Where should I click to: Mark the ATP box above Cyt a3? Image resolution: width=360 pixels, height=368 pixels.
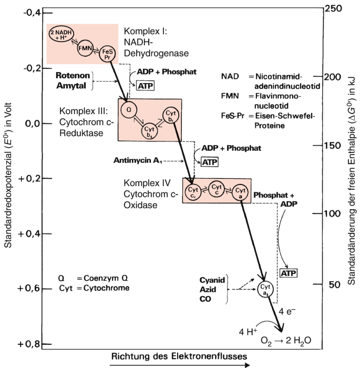point(288,273)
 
